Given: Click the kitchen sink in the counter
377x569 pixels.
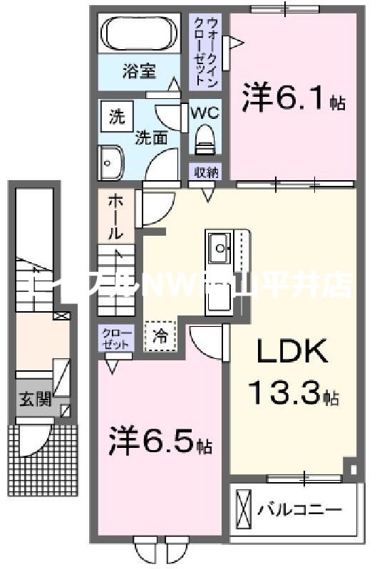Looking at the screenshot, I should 220,250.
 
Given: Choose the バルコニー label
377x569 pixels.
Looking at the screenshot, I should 300,511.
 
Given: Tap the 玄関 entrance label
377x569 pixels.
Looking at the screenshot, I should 34,400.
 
